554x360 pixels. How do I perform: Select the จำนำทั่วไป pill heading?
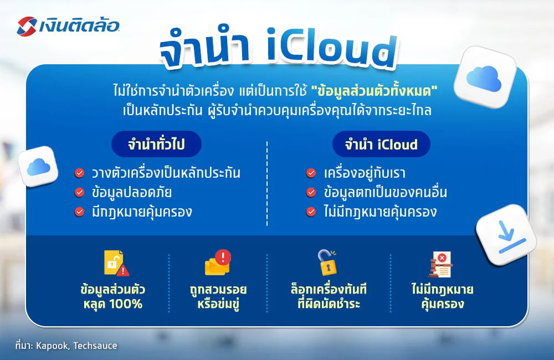coord(156,145)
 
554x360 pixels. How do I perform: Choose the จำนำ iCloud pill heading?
coord(381,145)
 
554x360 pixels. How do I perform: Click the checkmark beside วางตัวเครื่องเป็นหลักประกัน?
coord(80,173)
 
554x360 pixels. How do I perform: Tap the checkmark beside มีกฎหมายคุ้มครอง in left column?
coord(80,211)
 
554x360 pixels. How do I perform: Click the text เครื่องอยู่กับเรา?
coord(365,173)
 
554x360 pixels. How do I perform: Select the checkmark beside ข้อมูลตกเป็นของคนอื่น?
coord(311,192)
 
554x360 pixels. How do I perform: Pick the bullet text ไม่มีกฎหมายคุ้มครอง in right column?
coord(380,211)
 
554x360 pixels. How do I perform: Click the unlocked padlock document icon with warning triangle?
coord(115,264)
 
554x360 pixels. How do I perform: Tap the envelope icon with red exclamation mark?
coord(218,263)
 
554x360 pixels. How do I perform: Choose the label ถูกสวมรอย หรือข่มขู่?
coord(218,297)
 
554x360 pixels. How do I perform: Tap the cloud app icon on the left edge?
coord(38,166)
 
